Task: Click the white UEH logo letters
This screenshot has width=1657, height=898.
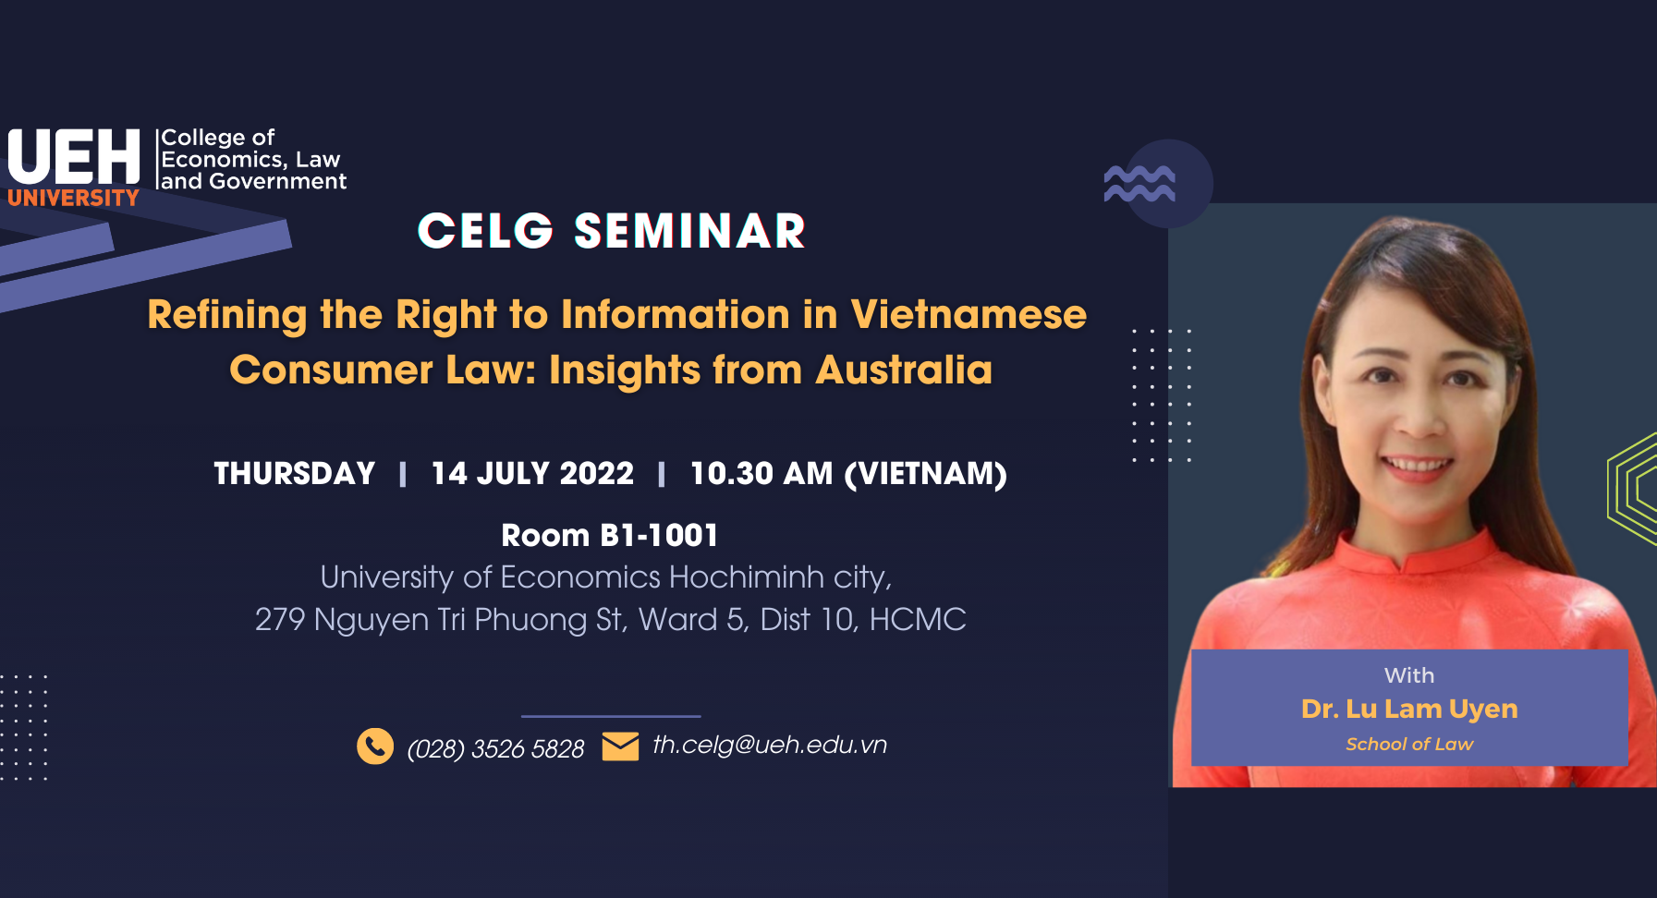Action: [74, 156]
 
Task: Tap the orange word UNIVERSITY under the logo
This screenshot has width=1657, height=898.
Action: [73, 198]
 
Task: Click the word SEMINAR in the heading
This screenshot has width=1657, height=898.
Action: [689, 231]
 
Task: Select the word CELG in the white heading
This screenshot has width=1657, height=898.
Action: [485, 231]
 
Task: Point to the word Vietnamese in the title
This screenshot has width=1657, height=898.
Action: [969, 314]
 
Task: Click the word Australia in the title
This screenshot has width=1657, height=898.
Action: [904, 370]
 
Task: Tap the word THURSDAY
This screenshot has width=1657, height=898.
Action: [295, 473]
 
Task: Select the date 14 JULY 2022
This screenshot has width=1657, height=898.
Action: [532, 473]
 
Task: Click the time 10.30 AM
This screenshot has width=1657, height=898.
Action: [761, 473]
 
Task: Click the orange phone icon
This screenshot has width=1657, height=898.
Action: [375, 746]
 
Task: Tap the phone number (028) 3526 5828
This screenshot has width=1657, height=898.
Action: [495, 748]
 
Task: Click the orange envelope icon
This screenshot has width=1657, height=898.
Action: [620, 746]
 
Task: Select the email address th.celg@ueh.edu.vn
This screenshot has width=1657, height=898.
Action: [770, 745]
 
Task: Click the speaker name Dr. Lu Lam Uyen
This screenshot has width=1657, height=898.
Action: [1409, 709]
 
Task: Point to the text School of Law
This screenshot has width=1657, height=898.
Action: [1409, 744]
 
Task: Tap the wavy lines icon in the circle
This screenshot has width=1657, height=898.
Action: [1139, 184]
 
